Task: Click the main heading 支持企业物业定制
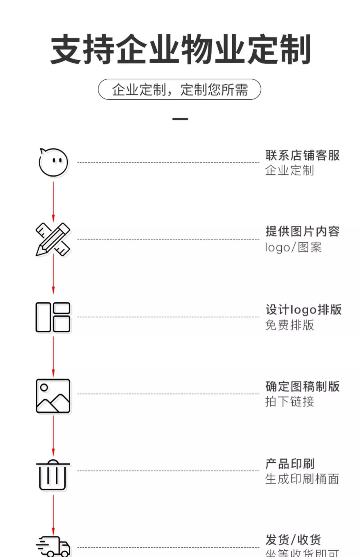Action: click(180, 49)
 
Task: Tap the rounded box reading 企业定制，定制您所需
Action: click(179, 89)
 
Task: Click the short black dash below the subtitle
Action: click(180, 119)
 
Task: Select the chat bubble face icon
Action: click(53, 162)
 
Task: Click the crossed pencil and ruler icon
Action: click(53, 240)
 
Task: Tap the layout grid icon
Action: click(53, 317)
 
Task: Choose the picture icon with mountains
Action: click(53, 396)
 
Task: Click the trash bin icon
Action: click(53, 475)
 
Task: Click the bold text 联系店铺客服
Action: click(302, 155)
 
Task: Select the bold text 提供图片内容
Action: click(302, 232)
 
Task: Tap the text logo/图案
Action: click(293, 247)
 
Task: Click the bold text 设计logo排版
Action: click(303, 310)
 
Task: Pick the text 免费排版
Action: click(289, 325)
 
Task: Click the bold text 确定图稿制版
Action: click(302, 386)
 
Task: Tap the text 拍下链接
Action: click(289, 402)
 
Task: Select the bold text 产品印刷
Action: click(290, 464)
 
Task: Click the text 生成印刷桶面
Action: click(302, 479)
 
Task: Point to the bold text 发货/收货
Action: click(293, 540)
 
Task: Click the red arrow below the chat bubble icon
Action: click(53, 202)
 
